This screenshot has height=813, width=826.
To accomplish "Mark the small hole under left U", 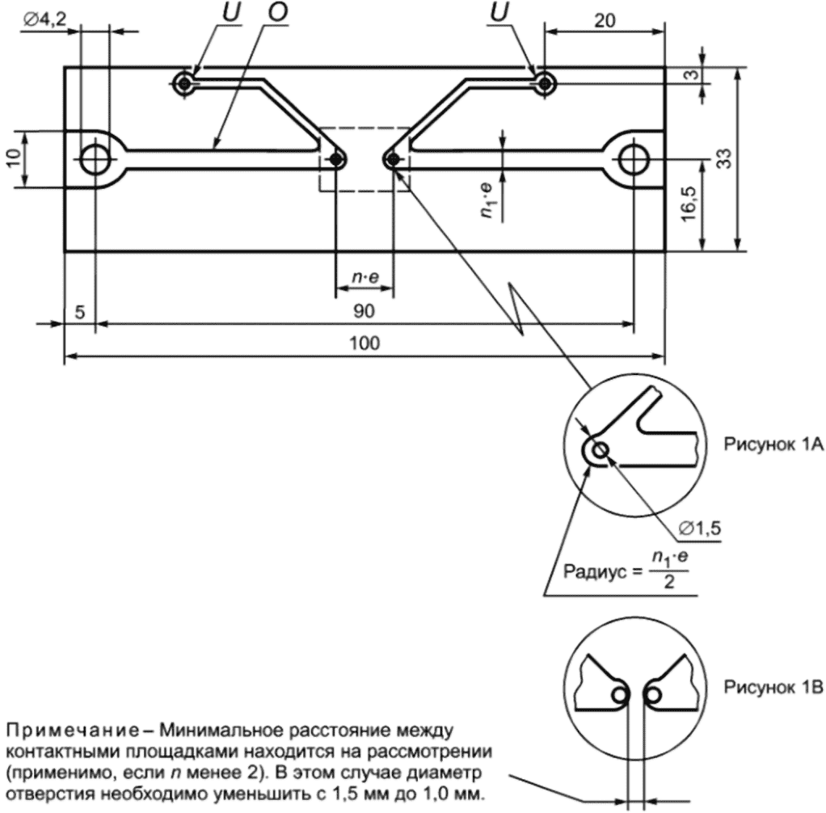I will [x=187, y=82].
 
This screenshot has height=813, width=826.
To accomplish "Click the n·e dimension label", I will [x=364, y=278].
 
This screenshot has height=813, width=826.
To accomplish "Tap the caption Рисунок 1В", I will [x=769, y=688].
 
